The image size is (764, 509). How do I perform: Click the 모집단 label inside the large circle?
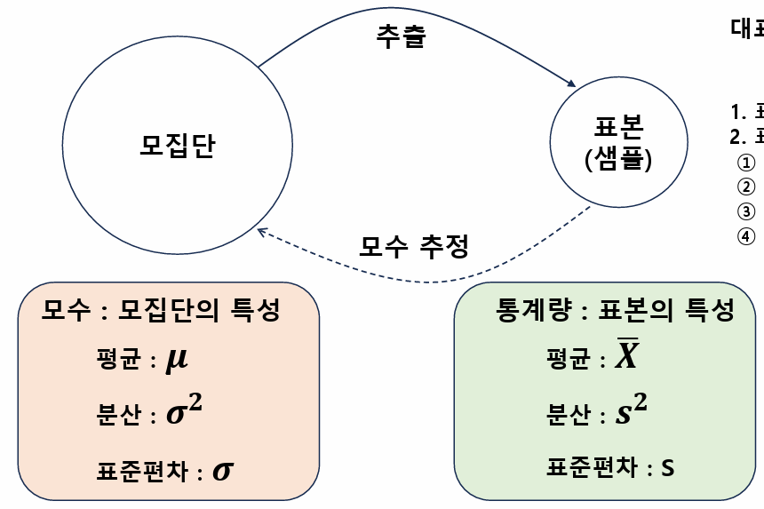click(x=178, y=145)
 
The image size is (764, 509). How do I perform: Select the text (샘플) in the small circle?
click(x=618, y=159)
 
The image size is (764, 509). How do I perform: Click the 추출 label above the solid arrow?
click(x=402, y=36)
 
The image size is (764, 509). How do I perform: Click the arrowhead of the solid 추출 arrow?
click(x=569, y=84)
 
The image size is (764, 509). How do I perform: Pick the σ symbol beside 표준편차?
click(x=222, y=470)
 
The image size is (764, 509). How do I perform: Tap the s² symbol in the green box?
click(x=632, y=412)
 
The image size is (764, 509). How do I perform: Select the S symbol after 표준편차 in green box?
click(x=667, y=468)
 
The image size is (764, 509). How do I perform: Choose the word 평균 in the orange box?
click(x=119, y=362)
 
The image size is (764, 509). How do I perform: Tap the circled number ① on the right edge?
click(x=746, y=163)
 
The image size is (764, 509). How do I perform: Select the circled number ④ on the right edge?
click(x=746, y=236)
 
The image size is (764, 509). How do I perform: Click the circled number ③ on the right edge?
click(x=746, y=211)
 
